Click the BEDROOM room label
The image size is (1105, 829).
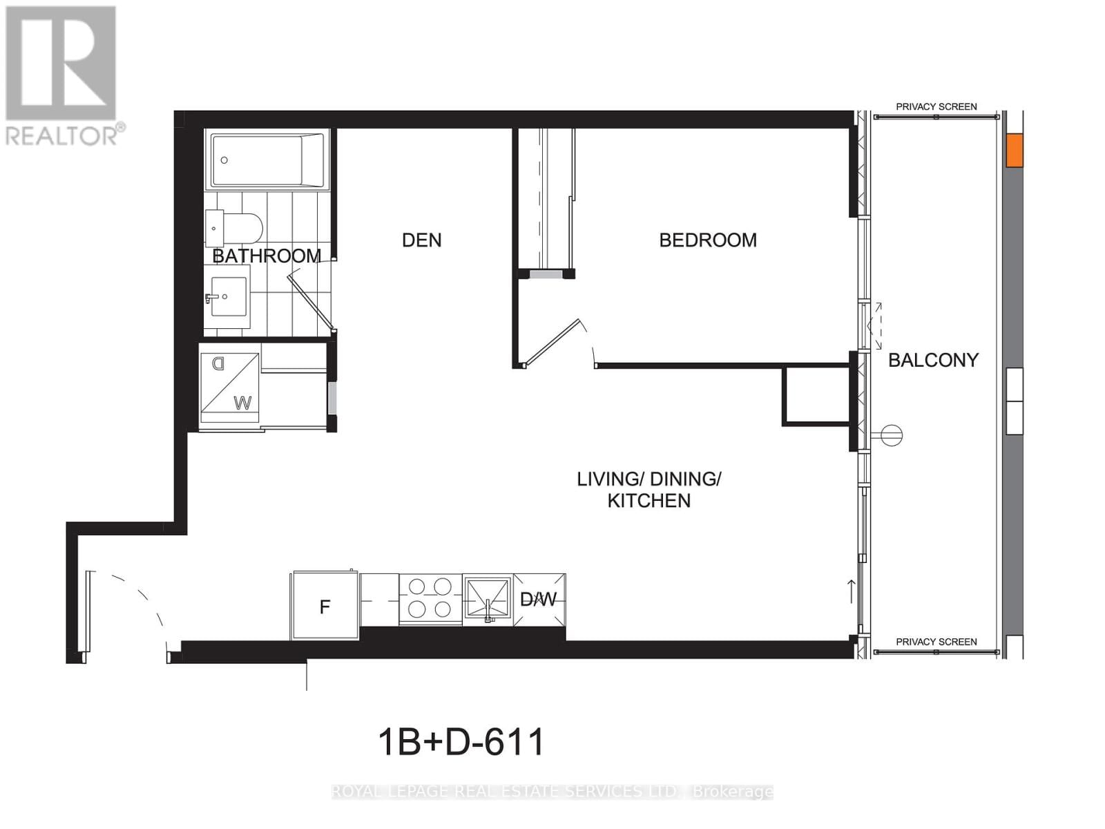tap(707, 240)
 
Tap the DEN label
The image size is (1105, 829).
tap(421, 240)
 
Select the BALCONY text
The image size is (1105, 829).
tap(932, 360)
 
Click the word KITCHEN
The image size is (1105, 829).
tap(648, 501)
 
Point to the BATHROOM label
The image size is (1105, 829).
tap(267, 256)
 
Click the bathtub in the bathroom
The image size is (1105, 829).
tap(267, 160)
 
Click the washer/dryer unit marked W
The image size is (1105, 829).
tap(230, 388)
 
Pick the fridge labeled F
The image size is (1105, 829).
tap(325, 607)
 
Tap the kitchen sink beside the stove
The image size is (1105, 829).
tap(487, 598)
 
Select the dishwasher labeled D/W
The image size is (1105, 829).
tap(539, 599)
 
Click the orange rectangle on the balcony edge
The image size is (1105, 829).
tap(1013, 151)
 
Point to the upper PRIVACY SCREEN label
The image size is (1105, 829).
tap(936, 106)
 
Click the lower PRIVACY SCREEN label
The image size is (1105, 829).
tap(936, 642)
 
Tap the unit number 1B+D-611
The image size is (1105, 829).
tap(461, 743)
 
